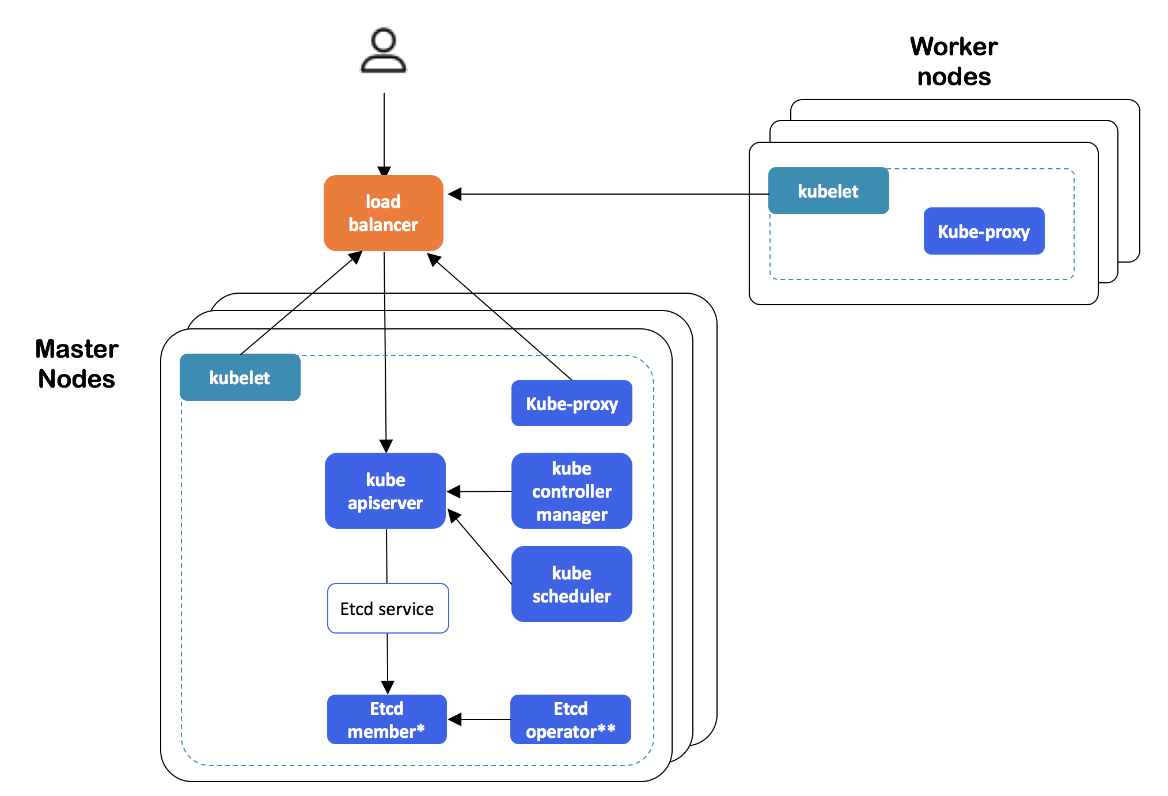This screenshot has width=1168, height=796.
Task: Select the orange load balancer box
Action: point(384,213)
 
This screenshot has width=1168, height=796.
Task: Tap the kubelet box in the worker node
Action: point(828,191)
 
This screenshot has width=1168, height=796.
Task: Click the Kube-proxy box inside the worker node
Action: point(984,232)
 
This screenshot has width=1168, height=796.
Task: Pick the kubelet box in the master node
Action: point(240,378)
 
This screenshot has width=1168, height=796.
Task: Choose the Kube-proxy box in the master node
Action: point(571,404)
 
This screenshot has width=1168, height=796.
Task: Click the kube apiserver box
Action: point(385,491)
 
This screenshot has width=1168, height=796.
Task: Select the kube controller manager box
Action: point(571,491)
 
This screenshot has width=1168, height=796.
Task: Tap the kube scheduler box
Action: point(571,585)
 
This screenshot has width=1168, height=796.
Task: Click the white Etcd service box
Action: point(388,609)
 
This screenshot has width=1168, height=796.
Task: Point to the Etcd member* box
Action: point(386,720)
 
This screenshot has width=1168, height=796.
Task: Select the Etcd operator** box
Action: point(570,720)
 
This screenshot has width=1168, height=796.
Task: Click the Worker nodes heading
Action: point(954,61)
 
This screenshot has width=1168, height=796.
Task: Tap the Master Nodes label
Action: point(77,364)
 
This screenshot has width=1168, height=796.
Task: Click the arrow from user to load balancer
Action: point(384,132)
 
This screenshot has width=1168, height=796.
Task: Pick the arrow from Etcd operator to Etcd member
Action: point(479,719)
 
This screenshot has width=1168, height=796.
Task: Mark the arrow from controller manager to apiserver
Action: point(479,491)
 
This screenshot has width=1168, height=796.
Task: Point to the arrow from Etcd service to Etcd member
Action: point(388,662)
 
